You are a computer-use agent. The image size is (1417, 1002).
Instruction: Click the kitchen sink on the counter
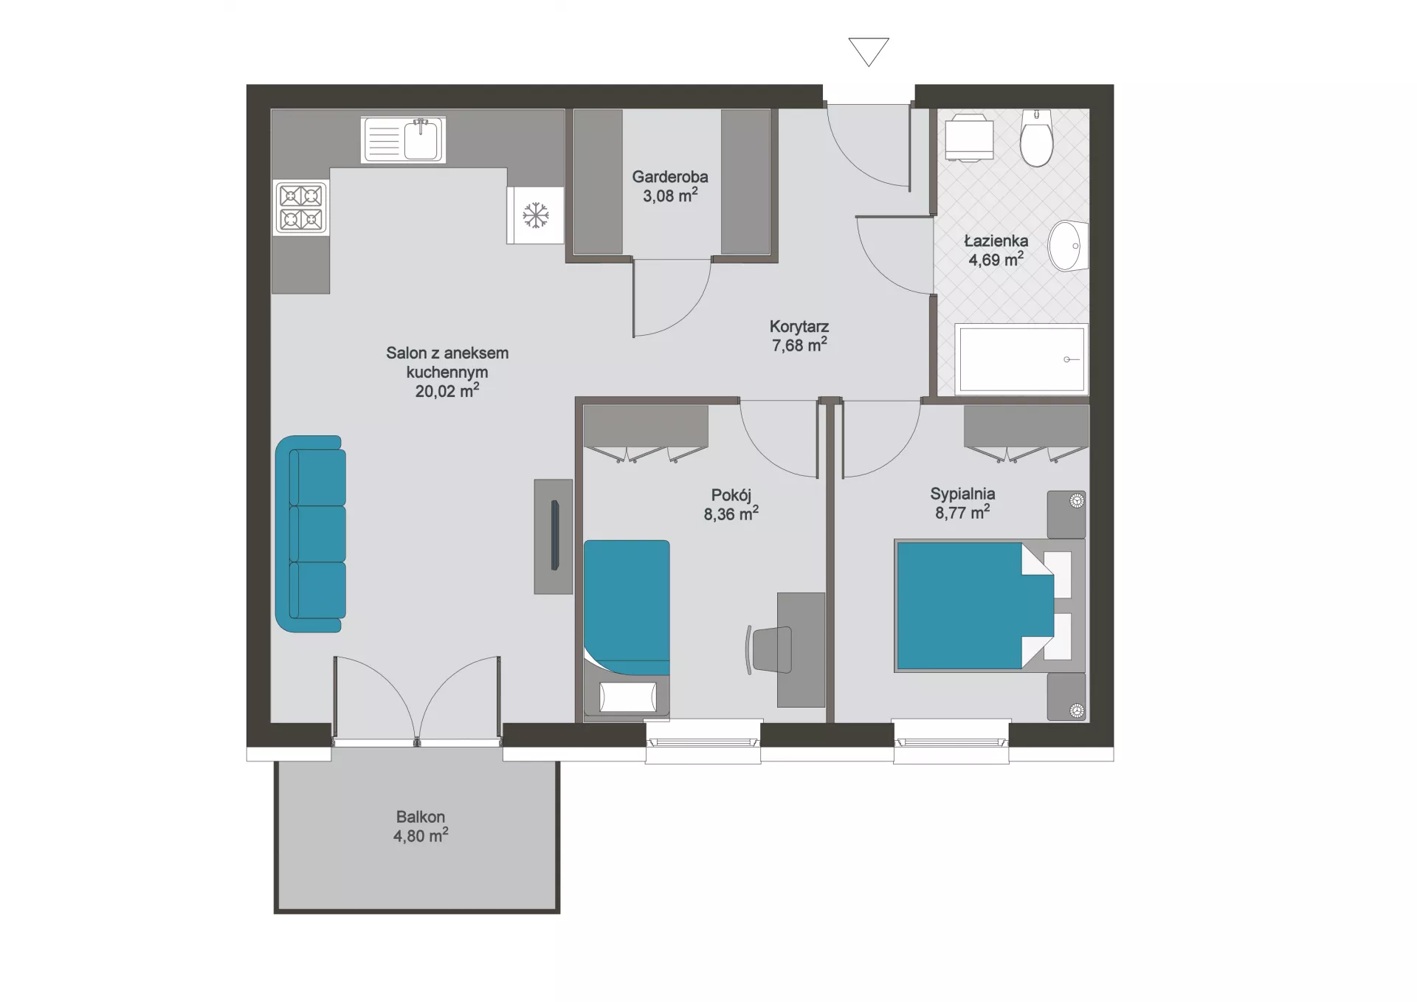click(x=403, y=139)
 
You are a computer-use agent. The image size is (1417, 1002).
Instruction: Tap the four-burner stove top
click(x=301, y=208)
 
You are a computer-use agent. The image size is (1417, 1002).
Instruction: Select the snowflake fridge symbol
click(x=536, y=215)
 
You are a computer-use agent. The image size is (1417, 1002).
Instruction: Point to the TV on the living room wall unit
click(x=555, y=535)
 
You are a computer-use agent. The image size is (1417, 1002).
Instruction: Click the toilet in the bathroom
click(x=1036, y=139)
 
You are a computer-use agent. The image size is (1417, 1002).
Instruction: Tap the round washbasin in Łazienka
click(x=1069, y=246)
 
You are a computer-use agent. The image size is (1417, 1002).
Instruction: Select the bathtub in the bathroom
click(x=1021, y=359)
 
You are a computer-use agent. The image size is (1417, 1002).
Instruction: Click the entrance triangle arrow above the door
click(x=869, y=52)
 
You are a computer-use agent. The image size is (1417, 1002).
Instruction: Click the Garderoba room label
click(x=670, y=176)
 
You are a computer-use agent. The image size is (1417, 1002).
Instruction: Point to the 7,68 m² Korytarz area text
click(x=799, y=345)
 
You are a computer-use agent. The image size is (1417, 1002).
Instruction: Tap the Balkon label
click(x=421, y=817)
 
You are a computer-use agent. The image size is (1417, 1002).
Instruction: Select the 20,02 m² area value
click(x=447, y=390)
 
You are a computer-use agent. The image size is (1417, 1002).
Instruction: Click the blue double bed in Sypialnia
click(x=975, y=606)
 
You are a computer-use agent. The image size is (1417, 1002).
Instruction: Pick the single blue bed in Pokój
click(x=627, y=607)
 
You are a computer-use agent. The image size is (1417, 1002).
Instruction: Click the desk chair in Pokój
click(x=769, y=650)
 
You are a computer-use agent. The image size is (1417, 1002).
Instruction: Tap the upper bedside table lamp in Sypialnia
click(x=1077, y=501)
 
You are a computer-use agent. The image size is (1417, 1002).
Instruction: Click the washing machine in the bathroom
click(x=969, y=137)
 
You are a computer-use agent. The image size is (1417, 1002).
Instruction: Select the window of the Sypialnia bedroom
click(x=951, y=742)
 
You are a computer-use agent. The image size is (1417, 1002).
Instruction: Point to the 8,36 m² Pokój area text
click(x=731, y=514)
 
